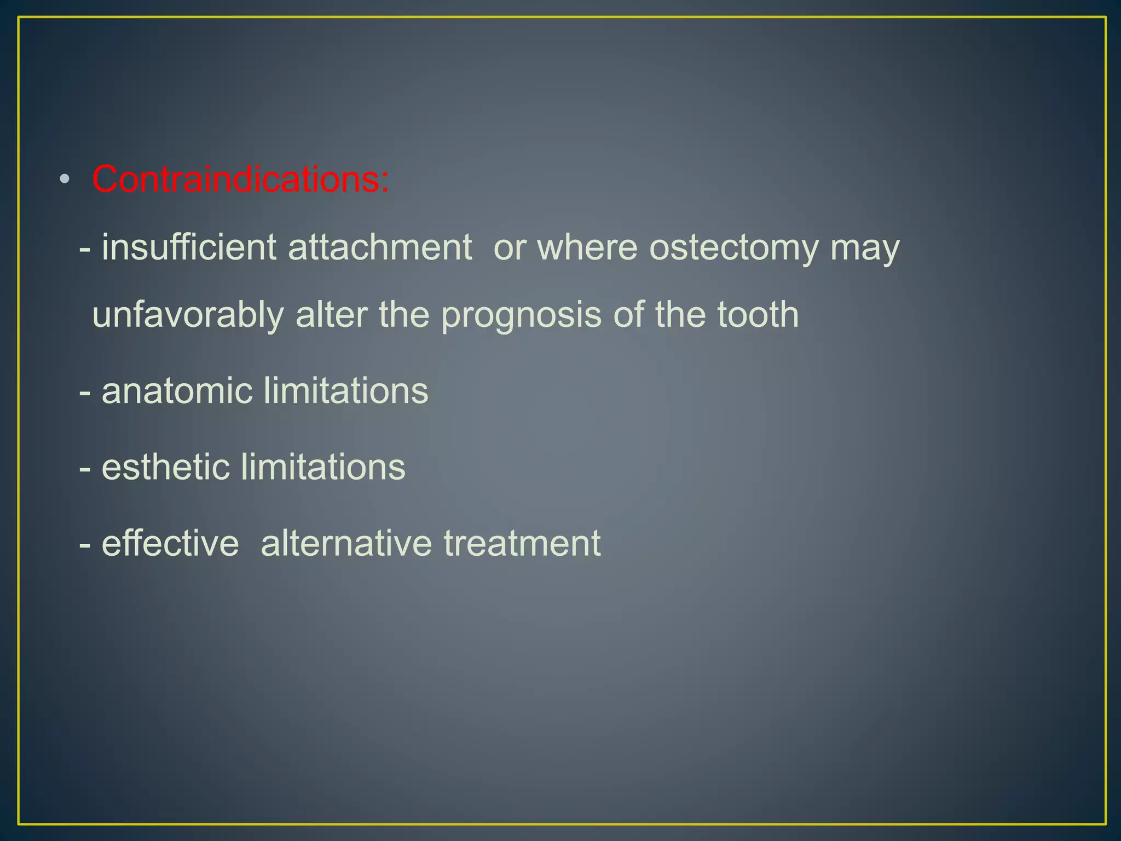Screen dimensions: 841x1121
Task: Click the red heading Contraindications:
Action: coord(240,179)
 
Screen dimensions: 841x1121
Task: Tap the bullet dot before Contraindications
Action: coord(65,179)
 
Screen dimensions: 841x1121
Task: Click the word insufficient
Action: coord(189,247)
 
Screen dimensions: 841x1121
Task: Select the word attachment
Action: coord(380,247)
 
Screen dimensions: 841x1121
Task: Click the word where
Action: coord(587,247)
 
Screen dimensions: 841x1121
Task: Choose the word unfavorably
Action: coord(188,316)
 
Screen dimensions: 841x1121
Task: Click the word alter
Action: coord(331,315)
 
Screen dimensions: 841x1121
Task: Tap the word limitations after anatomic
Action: coord(345,391)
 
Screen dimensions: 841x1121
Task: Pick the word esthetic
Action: coord(166,467)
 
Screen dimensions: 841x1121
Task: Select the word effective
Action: coord(170,543)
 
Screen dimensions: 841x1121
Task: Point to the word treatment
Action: coord(522,543)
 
